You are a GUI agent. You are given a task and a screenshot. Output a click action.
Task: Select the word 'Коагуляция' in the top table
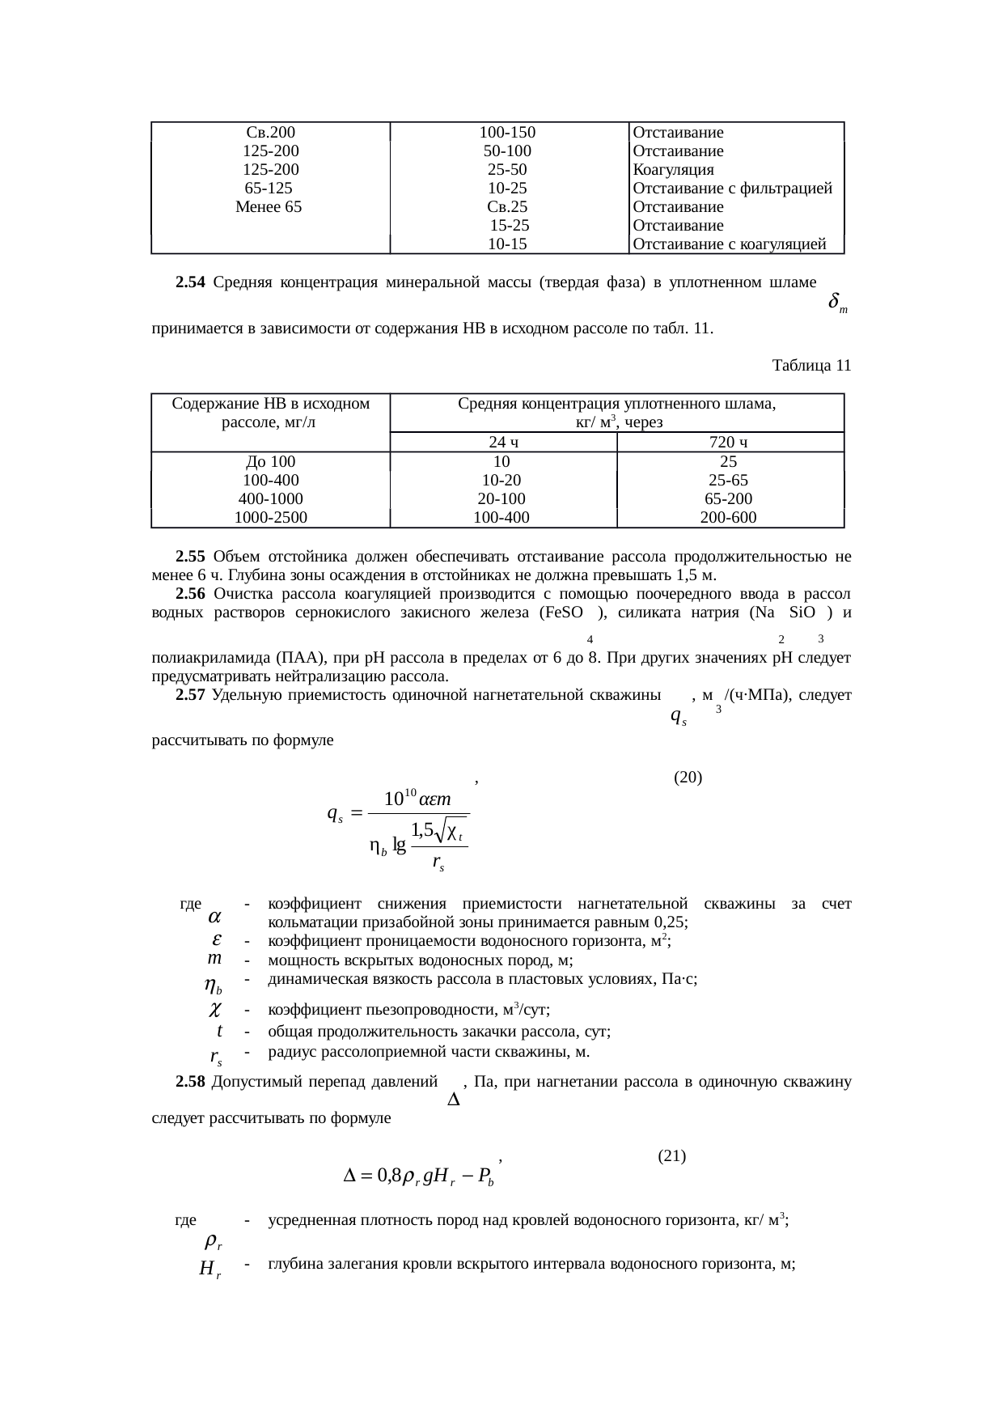[x=673, y=170]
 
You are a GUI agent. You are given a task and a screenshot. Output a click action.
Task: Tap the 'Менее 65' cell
[x=269, y=207]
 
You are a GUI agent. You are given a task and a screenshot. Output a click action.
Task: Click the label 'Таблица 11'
[x=811, y=366]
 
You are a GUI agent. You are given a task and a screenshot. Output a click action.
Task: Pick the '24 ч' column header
[x=503, y=442]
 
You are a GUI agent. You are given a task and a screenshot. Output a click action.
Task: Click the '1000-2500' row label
[x=270, y=518]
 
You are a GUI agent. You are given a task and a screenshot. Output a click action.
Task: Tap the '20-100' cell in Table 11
[x=501, y=499]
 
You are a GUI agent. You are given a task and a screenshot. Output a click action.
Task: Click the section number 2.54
[x=190, y=282]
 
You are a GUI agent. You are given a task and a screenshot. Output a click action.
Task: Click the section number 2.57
[x=190, y=695]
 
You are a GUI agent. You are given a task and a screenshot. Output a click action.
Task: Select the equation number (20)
[x=688, y=778]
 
